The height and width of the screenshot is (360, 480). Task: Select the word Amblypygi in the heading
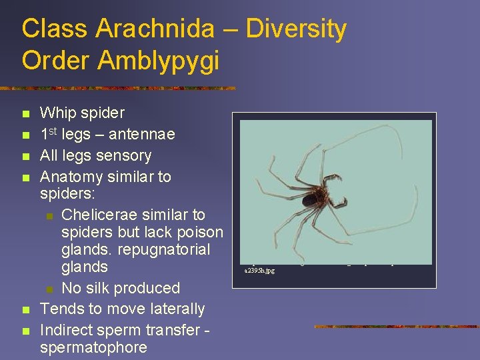pos(159,60)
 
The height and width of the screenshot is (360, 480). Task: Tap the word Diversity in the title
pos(296,29)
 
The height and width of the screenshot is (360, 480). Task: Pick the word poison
pos(197,233)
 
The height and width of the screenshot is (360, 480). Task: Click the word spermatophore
pos(94,347)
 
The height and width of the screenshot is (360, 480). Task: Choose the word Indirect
pos(67,330)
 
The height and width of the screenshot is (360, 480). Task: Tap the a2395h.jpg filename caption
pos(260,271)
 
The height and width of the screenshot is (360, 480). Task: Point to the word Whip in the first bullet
pos(57,113)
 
